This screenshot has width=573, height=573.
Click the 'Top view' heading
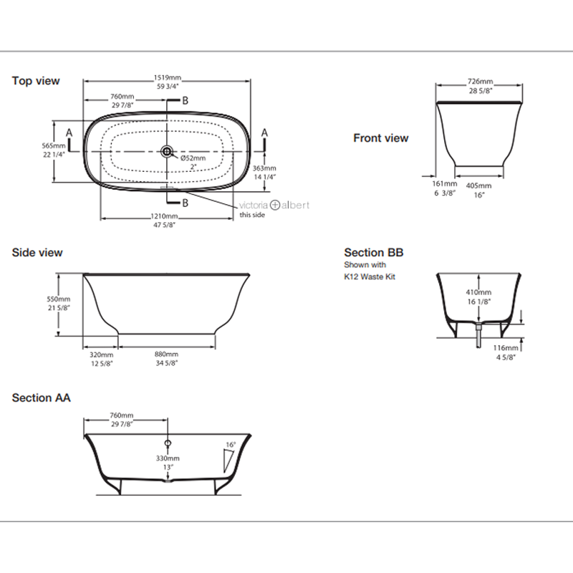pos(36,81)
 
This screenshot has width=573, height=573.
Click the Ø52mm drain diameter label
pos(193,158)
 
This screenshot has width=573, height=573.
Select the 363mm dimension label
pos(264,168)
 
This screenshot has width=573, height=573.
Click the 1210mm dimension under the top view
pos(163,216)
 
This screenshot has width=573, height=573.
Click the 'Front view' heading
pos(380,138)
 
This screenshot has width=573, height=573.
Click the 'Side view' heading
pos(37,253)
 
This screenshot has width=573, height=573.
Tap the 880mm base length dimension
pos(167,354)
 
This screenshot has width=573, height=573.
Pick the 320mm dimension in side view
pos(101,354)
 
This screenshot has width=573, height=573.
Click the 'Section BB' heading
pos(373,252)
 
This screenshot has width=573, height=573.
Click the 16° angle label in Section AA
pos(230,445)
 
